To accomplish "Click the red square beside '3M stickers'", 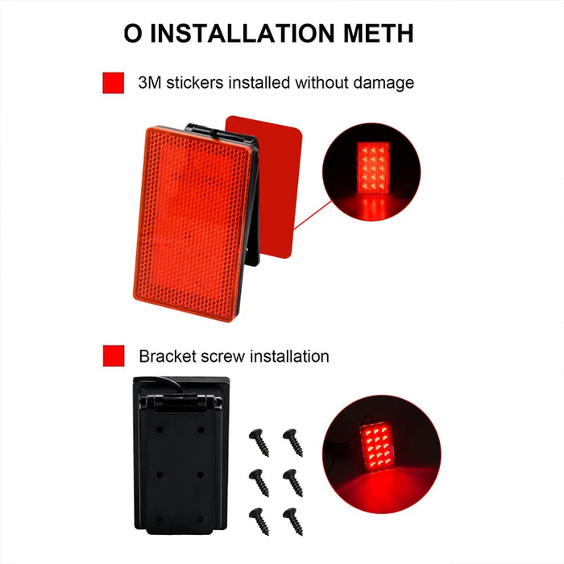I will [114, 83].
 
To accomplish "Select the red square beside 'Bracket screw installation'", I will [114, 355].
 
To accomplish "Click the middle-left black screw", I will [259, 480].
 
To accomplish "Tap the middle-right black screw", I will [292, 480].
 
